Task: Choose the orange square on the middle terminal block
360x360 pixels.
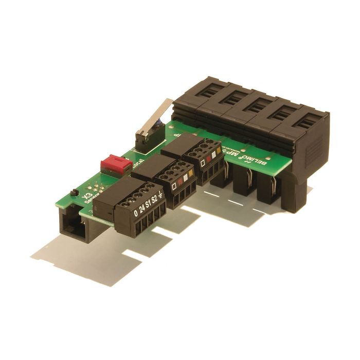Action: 191,173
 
